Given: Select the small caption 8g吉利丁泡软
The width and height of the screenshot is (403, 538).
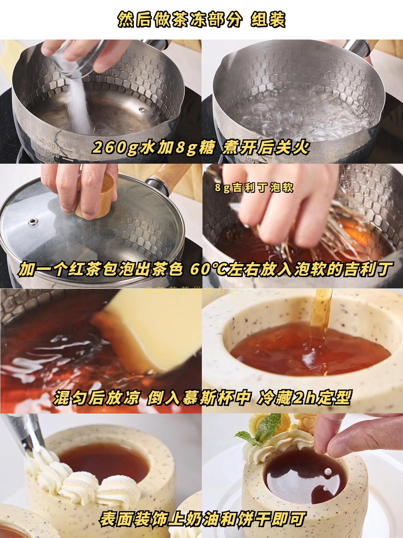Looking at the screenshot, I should tap(254, 188).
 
